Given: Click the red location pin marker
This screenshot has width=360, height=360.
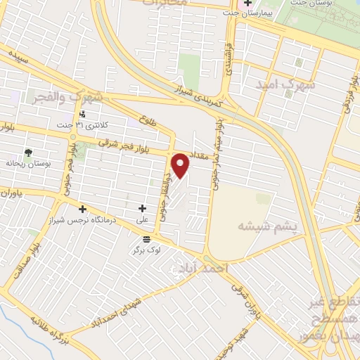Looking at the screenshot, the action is tap(181, 165).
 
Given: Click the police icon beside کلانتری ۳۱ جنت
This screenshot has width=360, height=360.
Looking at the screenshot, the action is tap(83, 114).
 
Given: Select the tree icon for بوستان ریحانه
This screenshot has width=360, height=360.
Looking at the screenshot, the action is tap(28, 152).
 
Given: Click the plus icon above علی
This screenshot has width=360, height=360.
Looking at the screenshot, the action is tap(143, 208).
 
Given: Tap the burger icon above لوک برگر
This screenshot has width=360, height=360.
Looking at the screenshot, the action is tap(146, 240).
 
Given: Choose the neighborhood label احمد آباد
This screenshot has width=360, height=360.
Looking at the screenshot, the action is tap(204, 269).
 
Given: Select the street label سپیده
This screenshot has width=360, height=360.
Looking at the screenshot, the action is tap(18, 57).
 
